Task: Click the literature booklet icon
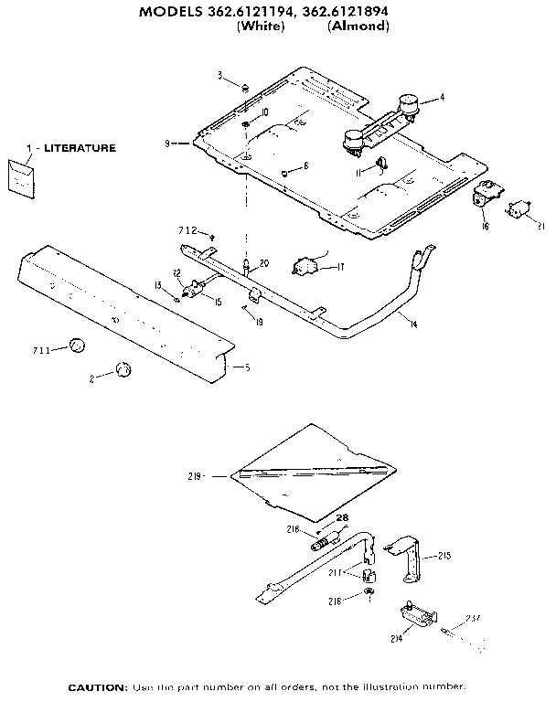[x=19, y=175]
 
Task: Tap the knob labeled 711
[x=78, y=346]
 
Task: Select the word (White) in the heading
[x=262, y=27]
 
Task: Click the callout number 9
[x=168, y=143]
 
